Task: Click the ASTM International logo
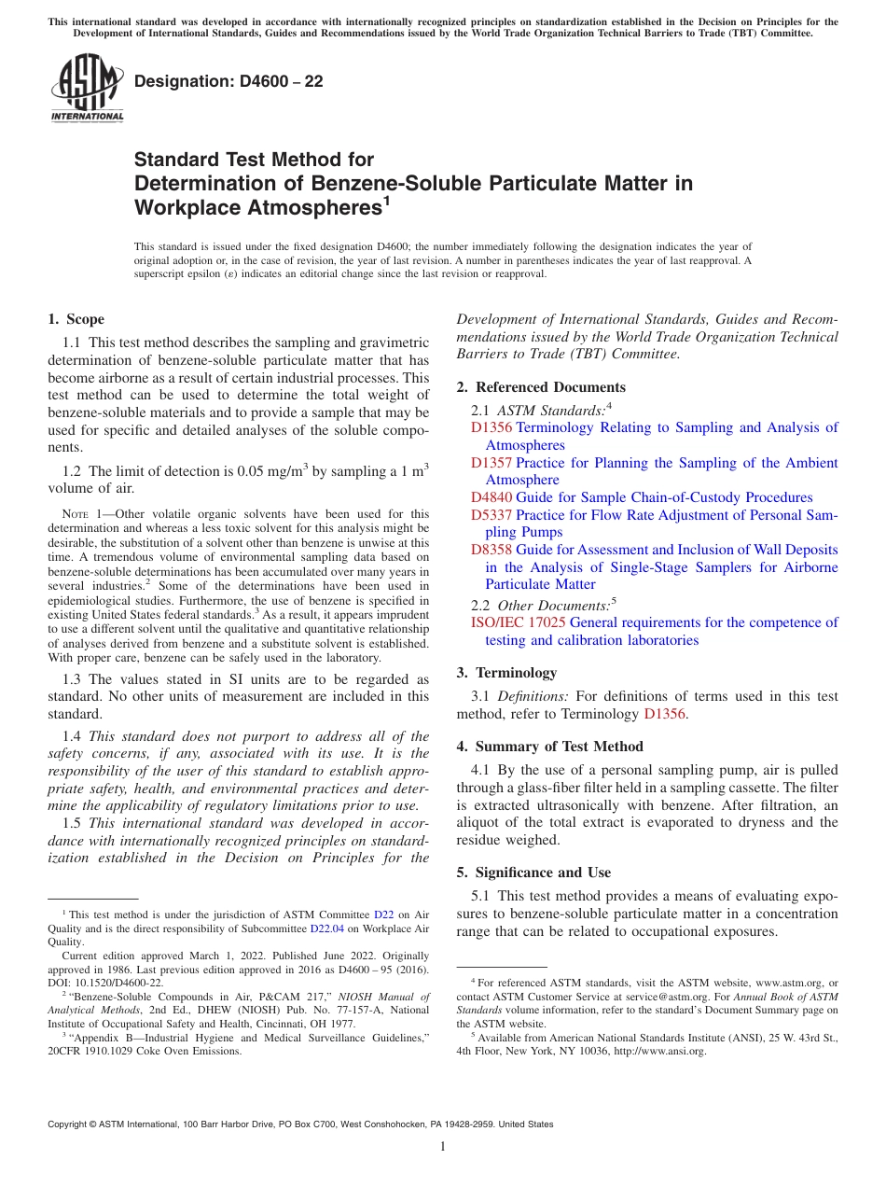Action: [87, 90]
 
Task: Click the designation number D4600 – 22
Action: [228, 82]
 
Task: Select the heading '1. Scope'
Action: [76, 319]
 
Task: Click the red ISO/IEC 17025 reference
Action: [518, 622]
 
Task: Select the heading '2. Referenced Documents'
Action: [541, 387]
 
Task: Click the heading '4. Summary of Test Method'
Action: [549, 747]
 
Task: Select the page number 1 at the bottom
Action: [443, 1147]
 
